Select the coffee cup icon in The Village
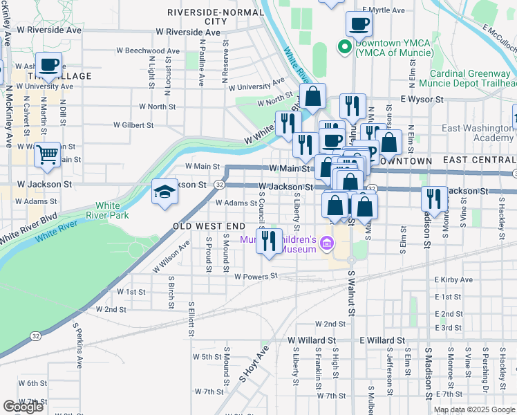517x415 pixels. click(48, 65)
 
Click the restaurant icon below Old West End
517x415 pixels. click(270, 240)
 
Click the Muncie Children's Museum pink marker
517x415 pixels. click(327, 243)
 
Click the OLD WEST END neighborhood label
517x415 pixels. click(209, 226)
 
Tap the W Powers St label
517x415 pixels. click(256, 275)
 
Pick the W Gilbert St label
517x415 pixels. click(133, 125)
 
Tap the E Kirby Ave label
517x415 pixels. click(453, 280)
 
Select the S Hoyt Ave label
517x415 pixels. click(252, 366)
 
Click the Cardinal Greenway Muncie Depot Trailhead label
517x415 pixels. click(472, 79)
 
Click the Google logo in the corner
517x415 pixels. click(23, 407)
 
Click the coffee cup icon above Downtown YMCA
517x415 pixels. click(359, 25)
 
